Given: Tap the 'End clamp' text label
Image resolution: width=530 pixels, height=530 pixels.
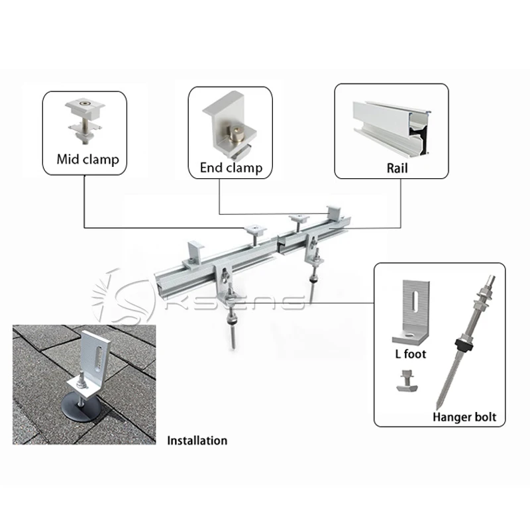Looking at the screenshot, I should point(231,168).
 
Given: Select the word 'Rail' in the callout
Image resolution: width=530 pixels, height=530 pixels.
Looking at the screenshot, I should point(397,168).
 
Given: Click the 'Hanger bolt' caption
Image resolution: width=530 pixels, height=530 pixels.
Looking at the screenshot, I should point(464,417).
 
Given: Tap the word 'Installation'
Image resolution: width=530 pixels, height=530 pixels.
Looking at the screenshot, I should point(197,441).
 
